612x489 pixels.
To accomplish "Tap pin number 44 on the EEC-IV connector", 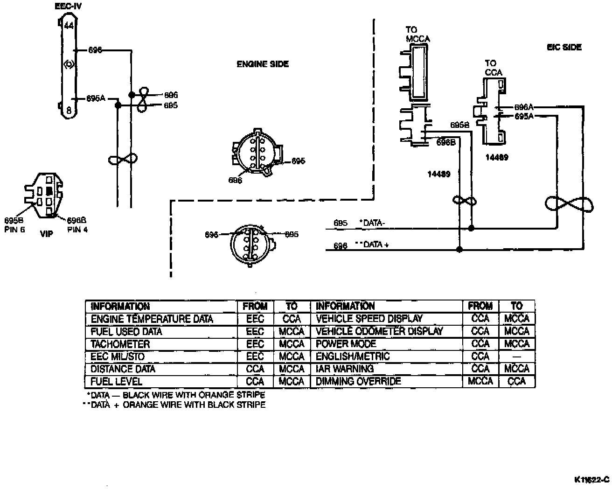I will tap(69, 26).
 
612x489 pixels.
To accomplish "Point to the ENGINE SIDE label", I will tap(263, 64).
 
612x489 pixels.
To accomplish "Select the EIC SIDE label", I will tap(564, 47).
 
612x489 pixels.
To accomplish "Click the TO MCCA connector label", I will tap(417, 35).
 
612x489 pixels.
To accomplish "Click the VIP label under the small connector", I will tap(47, 234).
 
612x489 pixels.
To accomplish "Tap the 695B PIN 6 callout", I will tap(14, 225).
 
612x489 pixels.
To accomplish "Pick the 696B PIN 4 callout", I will tap(77, 225).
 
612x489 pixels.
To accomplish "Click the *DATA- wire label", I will tap(372, 223).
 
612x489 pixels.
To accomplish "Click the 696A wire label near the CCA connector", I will tap(524, 107).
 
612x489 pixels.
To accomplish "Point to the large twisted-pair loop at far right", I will tap(569, 205).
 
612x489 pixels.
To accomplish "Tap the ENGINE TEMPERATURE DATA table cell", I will tap(152, 319).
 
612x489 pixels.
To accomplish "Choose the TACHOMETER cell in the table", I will tap(120, 344).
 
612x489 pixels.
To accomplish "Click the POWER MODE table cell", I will tap(346, 344).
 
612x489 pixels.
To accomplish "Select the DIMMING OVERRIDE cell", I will tap(358, 381).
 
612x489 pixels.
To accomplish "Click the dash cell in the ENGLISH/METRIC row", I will tap(517, 356).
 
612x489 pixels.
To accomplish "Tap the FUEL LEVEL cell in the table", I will tap(116, 381).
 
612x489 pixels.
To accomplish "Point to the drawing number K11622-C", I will tap(592, 479).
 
